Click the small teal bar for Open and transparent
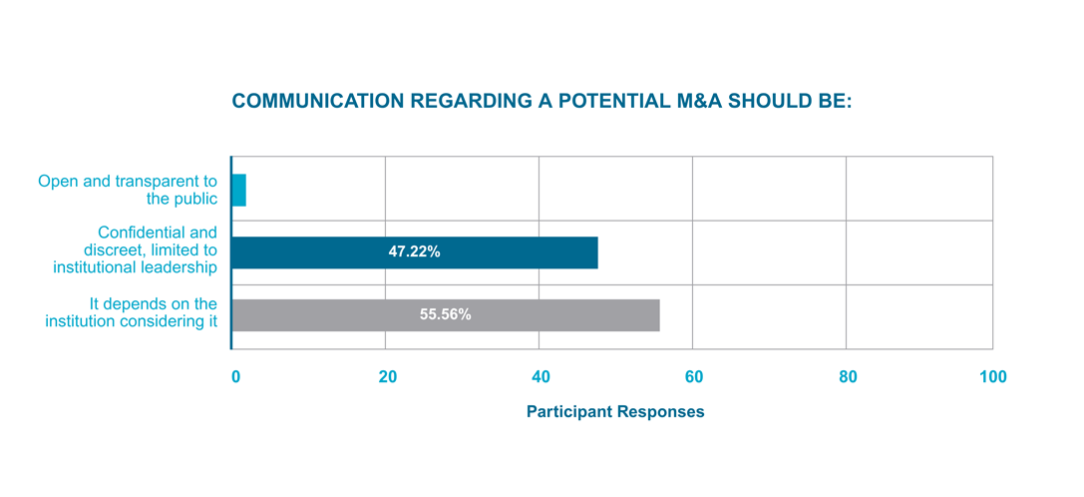(x=238, y=190)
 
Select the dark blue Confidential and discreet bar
(x=415, y=252)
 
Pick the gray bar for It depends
(x=446, y=314)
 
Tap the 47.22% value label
(x=414, y=252)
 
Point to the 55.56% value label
(x=445, y=314)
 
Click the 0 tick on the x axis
(x=235, y=377)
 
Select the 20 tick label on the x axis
(x=388, y=377)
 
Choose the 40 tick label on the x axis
(x=541, y=377)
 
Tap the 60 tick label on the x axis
(x=694, y=377)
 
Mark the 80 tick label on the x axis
(x=848, y=377)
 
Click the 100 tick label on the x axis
(x=992, y=377)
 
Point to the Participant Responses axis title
(x=615, y=412)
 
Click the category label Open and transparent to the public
(x=128, y=190)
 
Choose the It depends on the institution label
(x=132, y=312)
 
